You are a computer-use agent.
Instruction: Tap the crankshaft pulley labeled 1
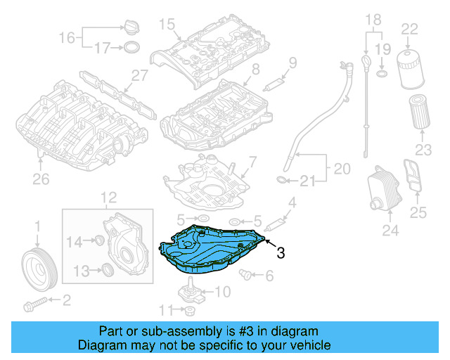coord(38,266)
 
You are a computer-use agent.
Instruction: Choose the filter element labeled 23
coord(420,112)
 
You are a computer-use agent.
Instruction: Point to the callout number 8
coord(255,69)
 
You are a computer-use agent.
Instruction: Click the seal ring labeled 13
coord(107,270)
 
